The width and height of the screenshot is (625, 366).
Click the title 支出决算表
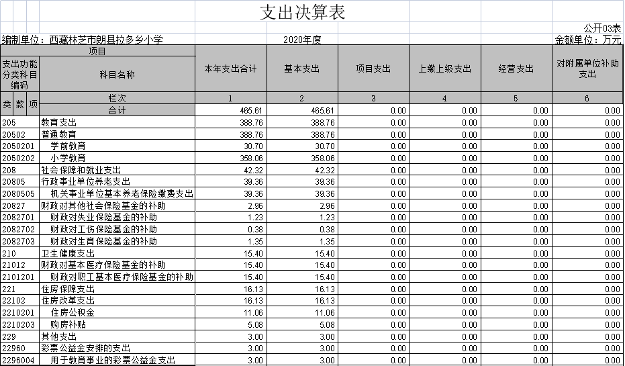pyautogui.click(x=302, y=12)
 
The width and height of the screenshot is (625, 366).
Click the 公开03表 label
pyautogui.click(x=602, y=28)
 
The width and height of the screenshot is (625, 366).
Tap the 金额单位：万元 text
pyautogui.click(x=588, y=40)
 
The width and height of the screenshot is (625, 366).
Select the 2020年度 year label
pyautogui.click(x=302, y=40)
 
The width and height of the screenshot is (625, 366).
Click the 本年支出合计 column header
pyautogui.click(x=230, y=69)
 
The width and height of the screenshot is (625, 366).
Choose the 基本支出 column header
pyautogui.click(x=301, y=69)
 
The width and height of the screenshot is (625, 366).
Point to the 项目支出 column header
pyautogui.click(x=373, y=69)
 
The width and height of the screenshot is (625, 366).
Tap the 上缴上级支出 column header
pyautogui.click(x=445, y=69)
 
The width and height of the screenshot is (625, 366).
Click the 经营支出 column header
pyautogui.click(x=516, y=69)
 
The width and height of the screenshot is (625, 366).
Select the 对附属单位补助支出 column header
pyautogui.click(x=587, y=68)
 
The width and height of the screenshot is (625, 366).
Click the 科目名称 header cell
pyautogui.click(x=117, y=75)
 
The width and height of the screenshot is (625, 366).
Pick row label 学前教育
pyautogui.click(x=68, y=146)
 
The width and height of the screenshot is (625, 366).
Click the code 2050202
pyautogui.click(x=18, y=158)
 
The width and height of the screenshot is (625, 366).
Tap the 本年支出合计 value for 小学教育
pyautogui.click(x=252, y=158)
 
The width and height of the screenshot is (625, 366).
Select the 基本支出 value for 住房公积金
pyautogui.click(x=323, y=313)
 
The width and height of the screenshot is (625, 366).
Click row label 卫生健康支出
pyautogui.click(x=68, y=253)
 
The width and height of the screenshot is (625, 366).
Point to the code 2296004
pyautogui.click(x=18, y=361)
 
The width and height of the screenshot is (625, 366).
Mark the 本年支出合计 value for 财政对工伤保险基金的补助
pyautogui.click(x=255, y=230)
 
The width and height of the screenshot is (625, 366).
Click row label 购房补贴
pyautogui.click(x=68, y=324)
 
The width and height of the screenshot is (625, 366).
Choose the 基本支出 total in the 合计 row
pyautogui.click(x=323, y=110)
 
